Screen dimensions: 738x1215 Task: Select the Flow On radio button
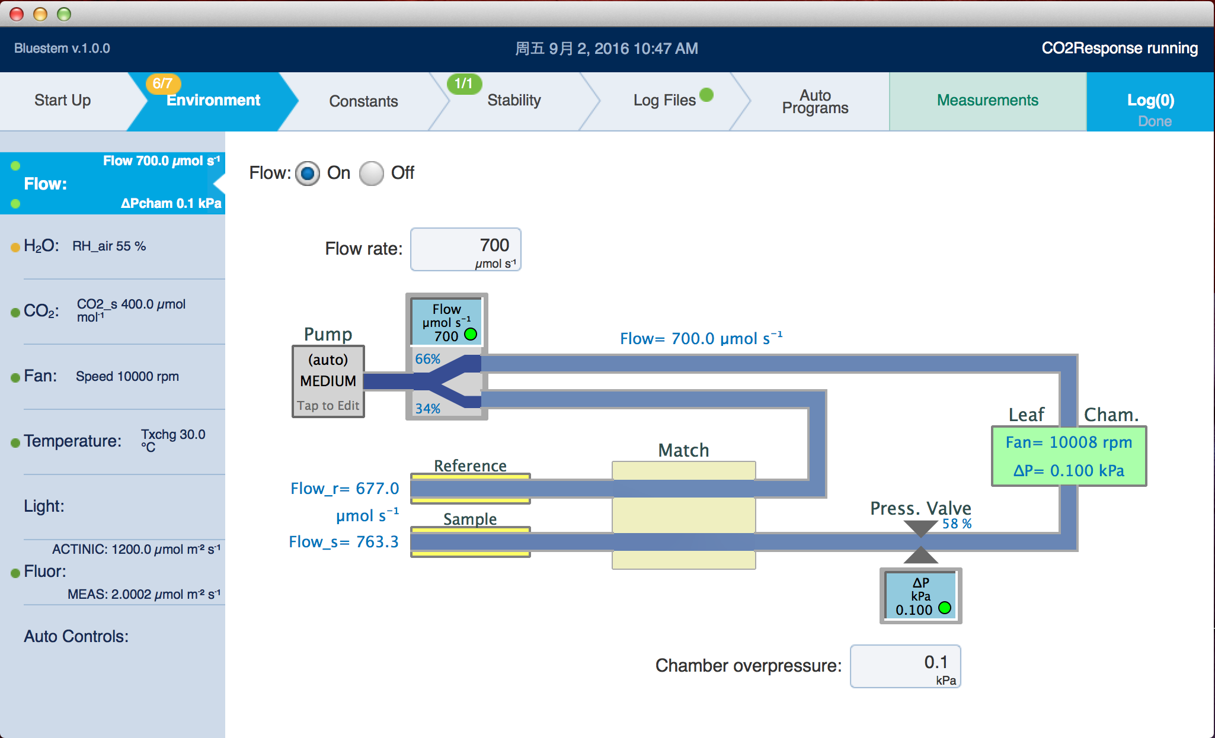tap(307, 174)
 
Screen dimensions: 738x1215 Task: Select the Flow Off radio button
tap(372, 174)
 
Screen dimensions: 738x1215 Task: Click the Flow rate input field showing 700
tap(466, 249)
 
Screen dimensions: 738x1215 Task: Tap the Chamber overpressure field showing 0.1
tap(905, 666)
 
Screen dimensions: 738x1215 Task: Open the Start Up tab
tap(63, 101)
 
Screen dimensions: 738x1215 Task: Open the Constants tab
tap(363, 101)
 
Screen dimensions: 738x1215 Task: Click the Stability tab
tap(514, 101)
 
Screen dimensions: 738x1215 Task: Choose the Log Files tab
tap(664, 101)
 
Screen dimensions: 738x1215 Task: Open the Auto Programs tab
tap(815, 101)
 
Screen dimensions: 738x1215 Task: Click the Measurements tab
tap(987, 101)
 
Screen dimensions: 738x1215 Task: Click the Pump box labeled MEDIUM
tap(328, 381)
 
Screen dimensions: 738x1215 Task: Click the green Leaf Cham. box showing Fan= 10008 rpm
tap(1069, 456)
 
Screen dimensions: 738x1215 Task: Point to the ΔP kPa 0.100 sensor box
tap(920, 596)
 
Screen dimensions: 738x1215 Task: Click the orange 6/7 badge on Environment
tap(162, 84)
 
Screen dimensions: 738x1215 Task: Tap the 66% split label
tap(427, 359)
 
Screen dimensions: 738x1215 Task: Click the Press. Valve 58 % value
tap(957, 524)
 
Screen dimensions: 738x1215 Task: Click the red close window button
tap(17, 14)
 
